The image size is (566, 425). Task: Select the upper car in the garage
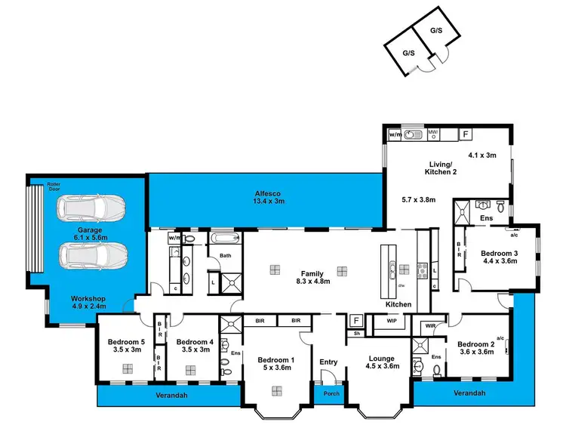(x=92, y=208)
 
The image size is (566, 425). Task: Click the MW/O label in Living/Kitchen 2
(x=433, y=134)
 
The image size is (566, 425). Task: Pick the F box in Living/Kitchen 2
(x=466, y=134)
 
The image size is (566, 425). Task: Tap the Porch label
(x=328, y=393)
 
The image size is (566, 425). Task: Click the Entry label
(x=328, y=362)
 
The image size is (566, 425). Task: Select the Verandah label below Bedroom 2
(x=469, y=393)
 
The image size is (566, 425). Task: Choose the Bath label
(x=225, y=256)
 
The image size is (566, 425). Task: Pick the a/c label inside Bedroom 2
(x=500, y=339)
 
